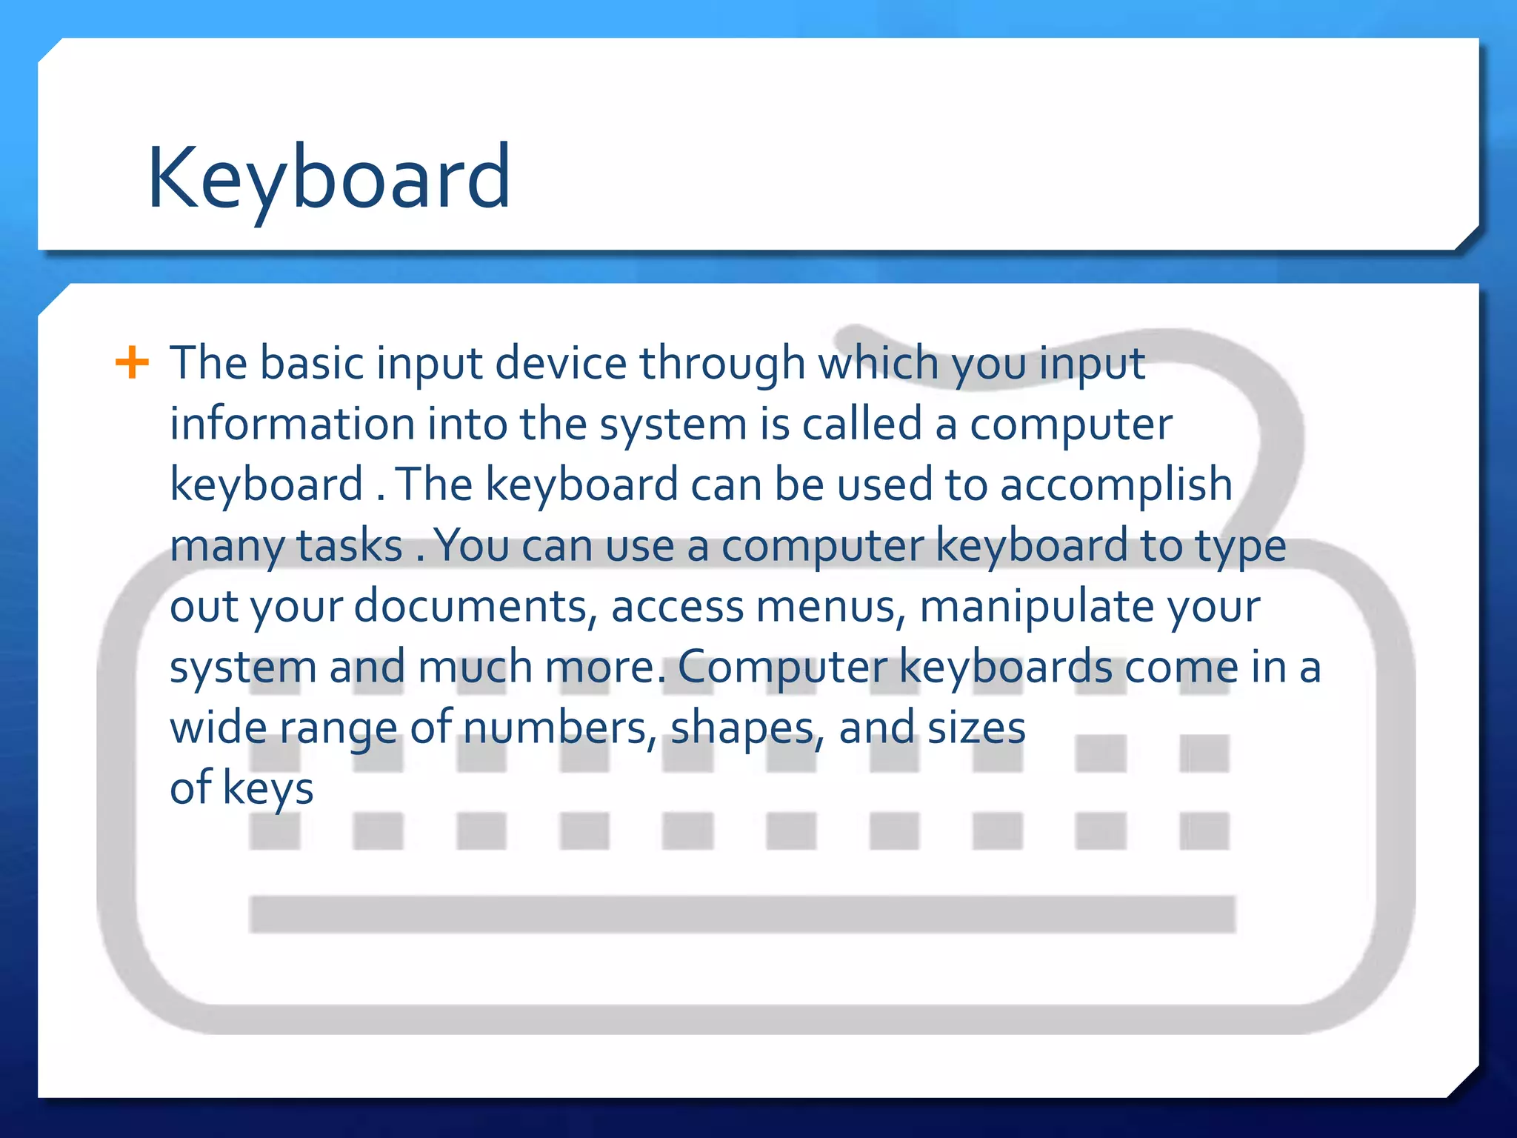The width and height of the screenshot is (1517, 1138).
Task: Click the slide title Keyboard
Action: pyautogui.click(x=329, y=178)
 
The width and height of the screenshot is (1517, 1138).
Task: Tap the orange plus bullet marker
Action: pyautogui.click(x=133, y=363)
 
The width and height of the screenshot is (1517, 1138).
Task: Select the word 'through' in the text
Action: pyautogui.click(x=722, y=363)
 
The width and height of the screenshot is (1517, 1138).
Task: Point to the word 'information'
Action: pyautogui.click(x=293, y=424)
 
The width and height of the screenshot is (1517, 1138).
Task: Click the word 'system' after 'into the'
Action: pyautogui.click(x=673, y=425)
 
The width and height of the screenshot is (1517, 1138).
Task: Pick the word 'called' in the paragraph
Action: pyautogui.click(x=861, y=424)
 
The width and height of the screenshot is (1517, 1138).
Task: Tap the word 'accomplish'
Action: pyautogui.click(x=1116, y=485)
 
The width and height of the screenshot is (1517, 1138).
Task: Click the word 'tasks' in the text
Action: pyautogui.click(x=350, y=546)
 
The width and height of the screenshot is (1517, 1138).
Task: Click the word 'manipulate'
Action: pyautogui.click(x=1036, y=607)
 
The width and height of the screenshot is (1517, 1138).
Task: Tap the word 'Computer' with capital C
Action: pyautogui.click(x=782, y=668)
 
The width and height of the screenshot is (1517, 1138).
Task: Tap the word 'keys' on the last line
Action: pyautogui.click(x=267, y=789)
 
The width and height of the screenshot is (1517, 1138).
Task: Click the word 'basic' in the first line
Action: pyautogui.click(x=312, y=363)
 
